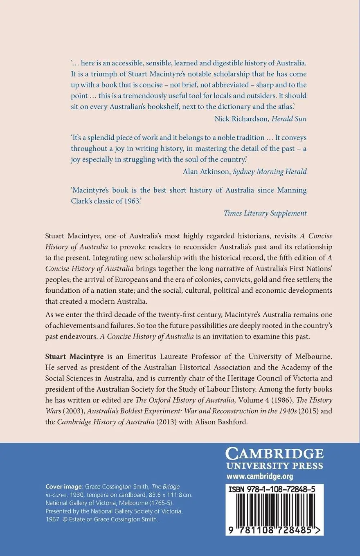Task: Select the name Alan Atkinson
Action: [x=206, y=171]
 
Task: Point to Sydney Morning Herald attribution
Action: [x=270, y=171]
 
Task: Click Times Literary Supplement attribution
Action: [x=265, y=213]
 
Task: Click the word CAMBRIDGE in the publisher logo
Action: [x=274, y=454]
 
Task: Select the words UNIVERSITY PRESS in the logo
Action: [x=274, y=466]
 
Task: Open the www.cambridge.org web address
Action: [x=260, y=476]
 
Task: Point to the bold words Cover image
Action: [x=64, y=486]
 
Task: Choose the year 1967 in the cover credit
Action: [x=53, y=519]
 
